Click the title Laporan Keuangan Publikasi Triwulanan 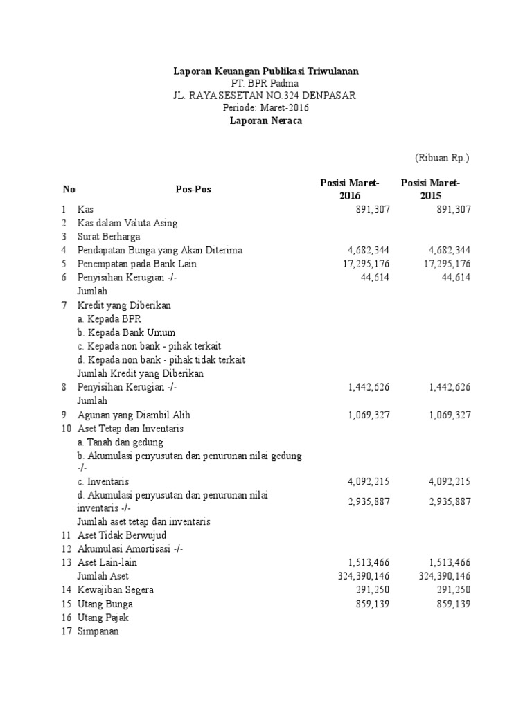pyautogui.click(x=265, y=71)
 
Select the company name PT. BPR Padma pyautogui.click(x=265, y=83)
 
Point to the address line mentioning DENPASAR pyautogui.click(x=265, y=96)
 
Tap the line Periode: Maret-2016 pyautogui.click(x=265, y=108)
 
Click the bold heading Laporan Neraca pyautogui.click(x=265, y=120)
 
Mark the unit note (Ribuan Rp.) pyautogui.click(x=442, y=158)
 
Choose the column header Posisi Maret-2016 pyautogui.click(x=350, y=189)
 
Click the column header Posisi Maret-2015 pyautogui.click(x=430, y=189)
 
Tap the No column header pyautogui.click(x=69, y=190)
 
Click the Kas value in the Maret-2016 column pyautogui.click(x=371, y=209)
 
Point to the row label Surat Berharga pyautogui.click(x=109, y=237)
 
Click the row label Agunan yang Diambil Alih pyautogui.click(x=134, y=415)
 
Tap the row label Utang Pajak pyautogui.click(x=103, y=618)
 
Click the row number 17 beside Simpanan pyautogui.click(x=66, y=631)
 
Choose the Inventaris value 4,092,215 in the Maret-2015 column pyautogui.click(x=450, y=481)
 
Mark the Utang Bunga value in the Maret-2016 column pyautogui.click(x=371, y=604)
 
